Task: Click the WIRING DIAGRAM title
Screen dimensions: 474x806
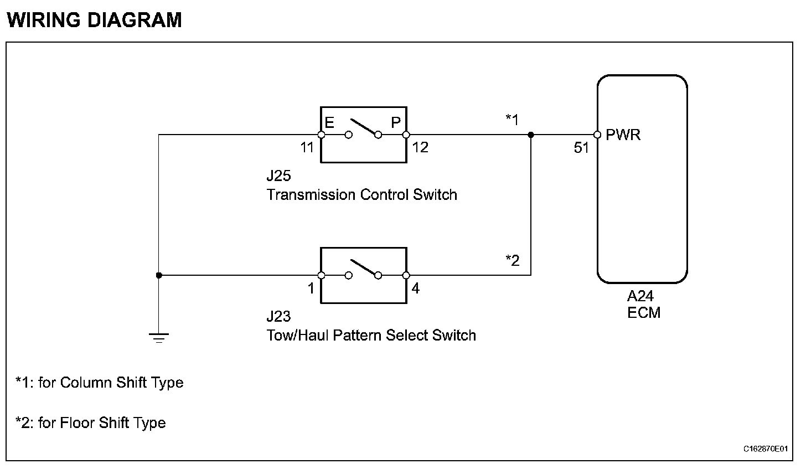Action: tap(94, 20)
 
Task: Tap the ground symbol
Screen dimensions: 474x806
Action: tap(159, 337)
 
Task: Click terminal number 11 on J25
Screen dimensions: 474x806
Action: tap(307, 148)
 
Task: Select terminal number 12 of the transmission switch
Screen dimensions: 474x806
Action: tap(421, 148)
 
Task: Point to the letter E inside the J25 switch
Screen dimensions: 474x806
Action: tap(329, 122)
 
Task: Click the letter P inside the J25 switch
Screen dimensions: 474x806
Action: tap(396, 122)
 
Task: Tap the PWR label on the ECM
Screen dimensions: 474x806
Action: tap(623, 135)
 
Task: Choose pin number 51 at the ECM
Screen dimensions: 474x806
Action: tap(581, 148)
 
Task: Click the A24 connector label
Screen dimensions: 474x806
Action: tap(640, 297)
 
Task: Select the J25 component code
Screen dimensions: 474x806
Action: tap(278, 176)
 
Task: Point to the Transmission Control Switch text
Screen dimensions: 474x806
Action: tap(361, 195)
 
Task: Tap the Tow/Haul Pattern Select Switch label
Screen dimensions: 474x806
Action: tap(371, 336)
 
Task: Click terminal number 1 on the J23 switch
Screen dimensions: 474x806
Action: tap(311, 288)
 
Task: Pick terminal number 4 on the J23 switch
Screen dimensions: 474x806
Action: tap(416, 288)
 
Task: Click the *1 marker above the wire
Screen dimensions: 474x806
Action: tap(512, 120)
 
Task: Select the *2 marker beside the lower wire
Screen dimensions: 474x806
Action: tap(512, 260)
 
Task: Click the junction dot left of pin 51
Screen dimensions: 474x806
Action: tap(531, 135)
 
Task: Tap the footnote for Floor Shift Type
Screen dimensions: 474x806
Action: tap(91, 423)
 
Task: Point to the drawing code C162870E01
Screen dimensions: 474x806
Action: tap(766, 449)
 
